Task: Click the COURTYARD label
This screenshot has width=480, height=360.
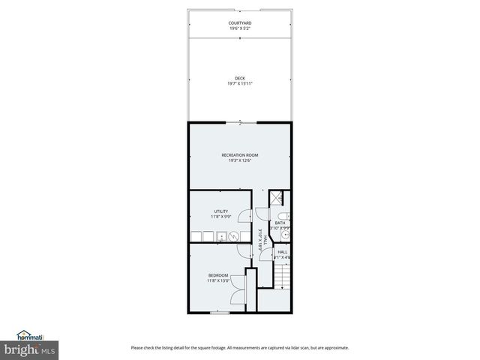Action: click(x=240, y=23)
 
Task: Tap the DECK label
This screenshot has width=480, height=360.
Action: click(x=240, y=78)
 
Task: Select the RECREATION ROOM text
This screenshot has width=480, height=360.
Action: click(x=240, y=155)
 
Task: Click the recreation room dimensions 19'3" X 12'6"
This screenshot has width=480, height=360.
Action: click(x=240, y=160)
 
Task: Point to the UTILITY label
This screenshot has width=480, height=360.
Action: click(x=220, y=211)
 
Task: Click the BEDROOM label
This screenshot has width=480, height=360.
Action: click(x=218, y=275)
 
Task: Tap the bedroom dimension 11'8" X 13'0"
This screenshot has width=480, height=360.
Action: click(x=218, y=280)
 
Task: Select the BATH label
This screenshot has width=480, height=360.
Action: click(x=280, y=223)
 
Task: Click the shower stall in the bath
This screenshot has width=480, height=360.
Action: click(x=277, y=198)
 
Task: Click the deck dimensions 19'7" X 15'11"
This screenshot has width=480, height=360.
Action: click(x=240, y=83)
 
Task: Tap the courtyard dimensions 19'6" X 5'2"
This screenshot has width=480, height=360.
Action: click(x=240, y=28)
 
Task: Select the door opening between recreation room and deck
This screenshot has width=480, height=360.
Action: click(x=240, y=122)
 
